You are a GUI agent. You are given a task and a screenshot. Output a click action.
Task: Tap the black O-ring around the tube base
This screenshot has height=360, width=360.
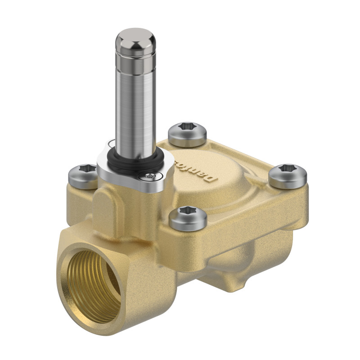135,164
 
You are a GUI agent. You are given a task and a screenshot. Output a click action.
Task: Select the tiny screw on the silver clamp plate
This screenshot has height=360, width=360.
154,177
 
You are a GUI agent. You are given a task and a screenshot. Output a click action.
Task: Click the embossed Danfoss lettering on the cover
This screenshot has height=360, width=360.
208,169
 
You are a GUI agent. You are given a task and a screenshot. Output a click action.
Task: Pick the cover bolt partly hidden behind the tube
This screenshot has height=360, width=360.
187,134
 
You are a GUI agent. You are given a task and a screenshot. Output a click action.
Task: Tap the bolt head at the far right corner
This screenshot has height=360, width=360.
288,175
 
